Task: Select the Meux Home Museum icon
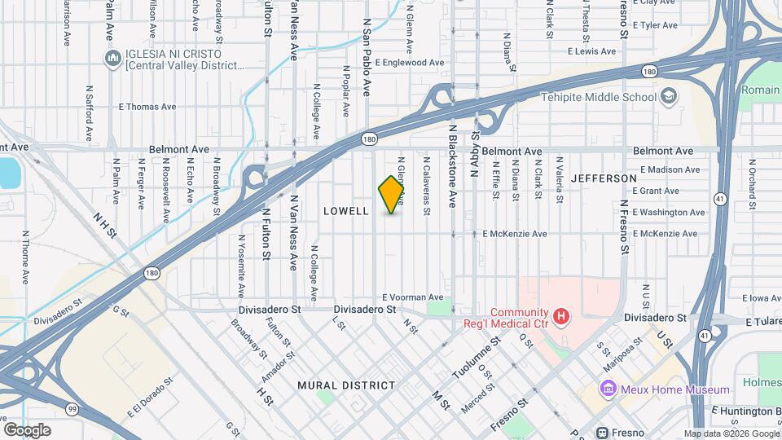pos(606,389)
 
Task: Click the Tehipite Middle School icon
pos(668,97)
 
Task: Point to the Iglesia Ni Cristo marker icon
pos(112,59)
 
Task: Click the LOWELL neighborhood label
pos(347,211)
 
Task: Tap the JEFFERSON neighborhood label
pos(604,178)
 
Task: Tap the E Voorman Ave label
pos(413,297)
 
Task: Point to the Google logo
pos(27,429)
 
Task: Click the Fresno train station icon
pos(602,432)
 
